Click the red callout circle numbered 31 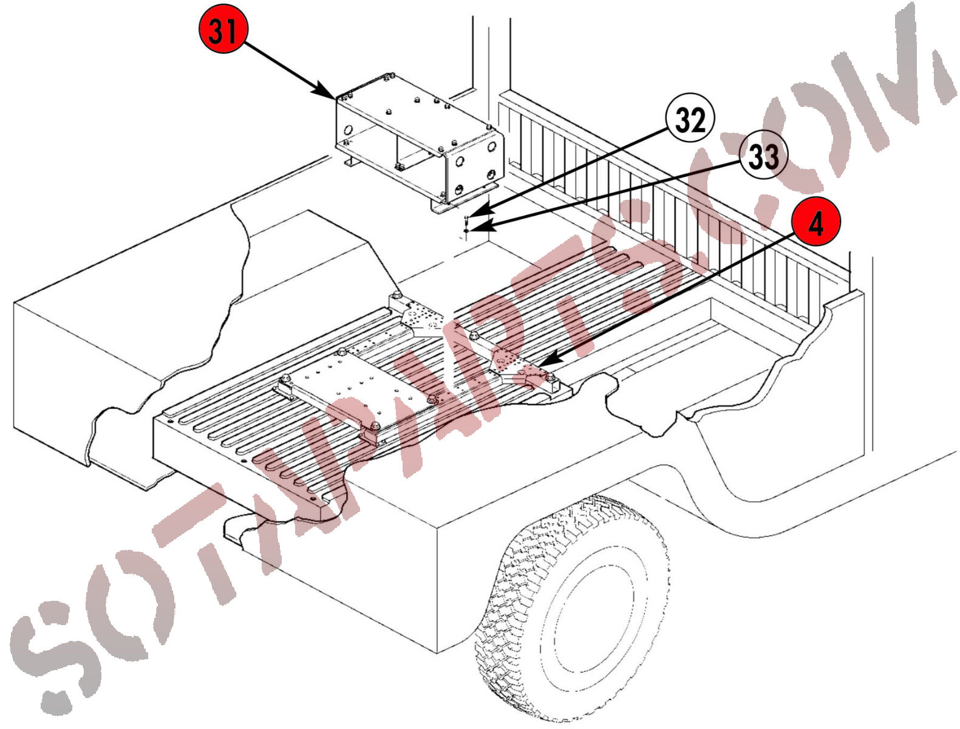[x=223, y=29]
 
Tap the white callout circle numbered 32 [x=690, y=118]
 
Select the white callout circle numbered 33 [x=763, y=154]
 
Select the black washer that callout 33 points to [x=466, y=229]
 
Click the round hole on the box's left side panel [x=349, y=130]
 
